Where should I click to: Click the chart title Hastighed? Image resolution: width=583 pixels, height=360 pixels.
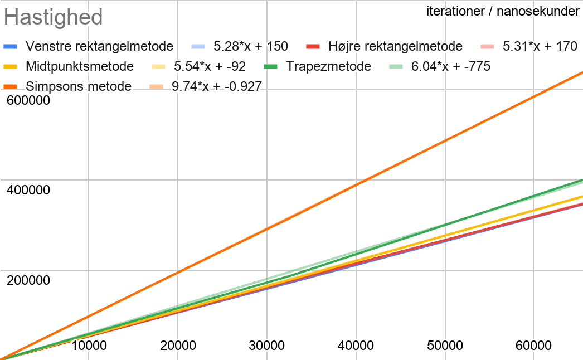click(x=54, y=17)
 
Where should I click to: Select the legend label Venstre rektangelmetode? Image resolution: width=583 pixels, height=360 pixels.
click(x=100, y=46)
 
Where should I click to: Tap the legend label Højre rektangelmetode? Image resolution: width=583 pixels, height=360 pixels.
click(x=396, y=46)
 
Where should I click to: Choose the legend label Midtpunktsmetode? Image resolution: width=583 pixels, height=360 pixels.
click(x=80, y=67)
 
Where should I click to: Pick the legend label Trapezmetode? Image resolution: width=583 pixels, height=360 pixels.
click(x=329, y=67)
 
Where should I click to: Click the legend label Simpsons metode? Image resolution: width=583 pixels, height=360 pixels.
click(x=79, y=86)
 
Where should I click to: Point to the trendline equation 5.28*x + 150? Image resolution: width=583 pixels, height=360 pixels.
click(x=251, y=46)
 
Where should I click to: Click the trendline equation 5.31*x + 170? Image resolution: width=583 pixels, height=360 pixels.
click(x=540, y=46)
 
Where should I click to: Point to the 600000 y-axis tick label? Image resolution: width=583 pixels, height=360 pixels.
click(x=28, y=101)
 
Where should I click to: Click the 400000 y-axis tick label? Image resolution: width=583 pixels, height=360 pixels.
click(x=28, y=190)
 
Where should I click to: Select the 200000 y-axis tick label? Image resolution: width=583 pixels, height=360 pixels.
click(x=28, y=279)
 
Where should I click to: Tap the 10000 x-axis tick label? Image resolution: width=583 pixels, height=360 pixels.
click(x=89, y=346)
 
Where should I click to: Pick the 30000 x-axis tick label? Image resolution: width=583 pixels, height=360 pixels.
click(x=267, y=346)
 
